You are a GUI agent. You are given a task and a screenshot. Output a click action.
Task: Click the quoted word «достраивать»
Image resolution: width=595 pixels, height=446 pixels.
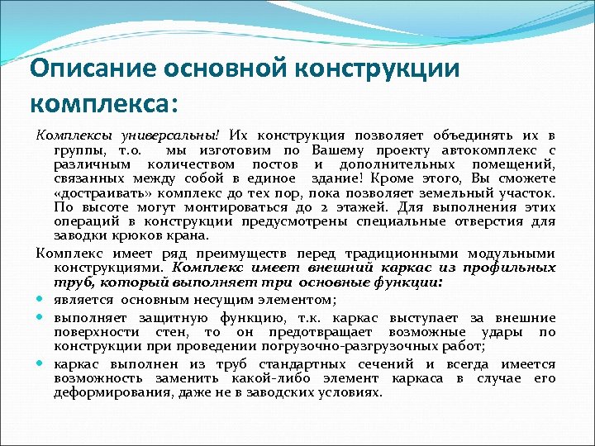[100, 194]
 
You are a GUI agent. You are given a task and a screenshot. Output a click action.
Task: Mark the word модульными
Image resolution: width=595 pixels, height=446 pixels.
[511, 254]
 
